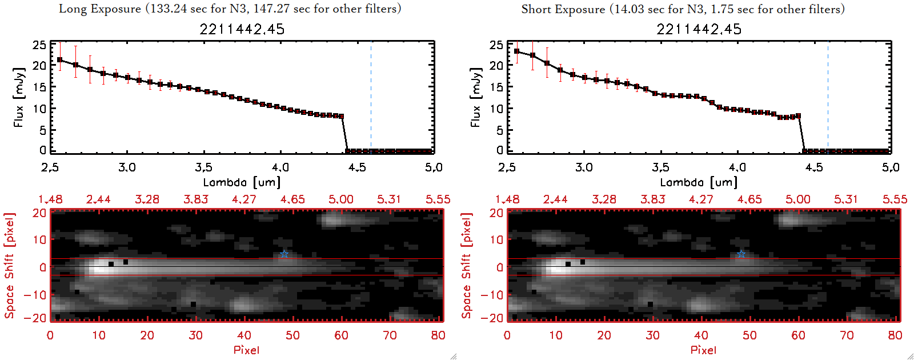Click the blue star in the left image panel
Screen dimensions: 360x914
(x=284, y=254)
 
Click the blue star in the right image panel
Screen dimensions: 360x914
(x=741, y=254)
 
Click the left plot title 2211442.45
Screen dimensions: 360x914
(x=242, y=29)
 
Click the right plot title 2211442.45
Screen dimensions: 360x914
(x=699, y=29)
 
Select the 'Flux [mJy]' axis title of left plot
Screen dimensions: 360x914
(x=19, y=98)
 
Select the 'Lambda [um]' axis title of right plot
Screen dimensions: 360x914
(x=699, y=182)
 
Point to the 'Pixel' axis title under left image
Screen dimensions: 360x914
(x=246, y=350)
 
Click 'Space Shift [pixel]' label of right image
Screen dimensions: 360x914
(x=467, y=266)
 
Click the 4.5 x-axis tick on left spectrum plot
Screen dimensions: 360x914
(x=357, y=167)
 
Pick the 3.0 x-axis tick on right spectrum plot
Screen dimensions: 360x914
(x=584, y=167)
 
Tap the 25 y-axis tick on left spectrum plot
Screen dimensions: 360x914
(x=39, y=45)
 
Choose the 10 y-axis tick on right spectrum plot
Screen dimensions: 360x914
(x=496, y=109)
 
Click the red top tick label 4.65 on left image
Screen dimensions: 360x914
(x=292, y=199)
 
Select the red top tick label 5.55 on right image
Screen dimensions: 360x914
(x=895, y=199)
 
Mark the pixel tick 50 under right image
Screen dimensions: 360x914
(x=749, y=335)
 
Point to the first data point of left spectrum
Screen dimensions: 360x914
(x=60, y=59)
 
